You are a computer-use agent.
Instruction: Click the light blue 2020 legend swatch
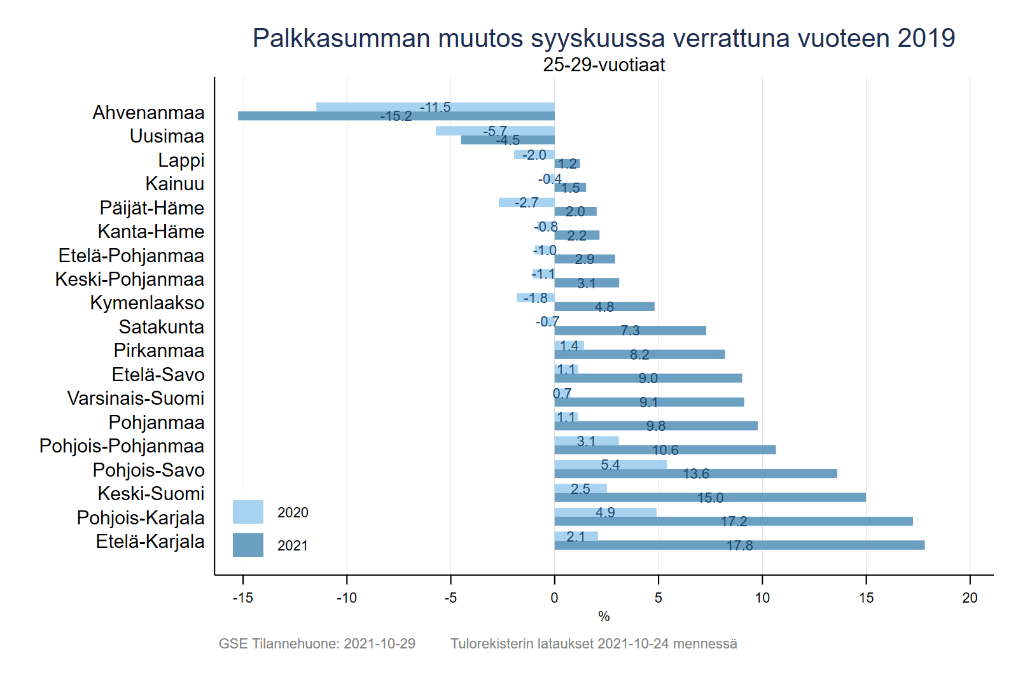(248, 512)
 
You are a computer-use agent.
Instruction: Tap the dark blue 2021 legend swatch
(248, 545)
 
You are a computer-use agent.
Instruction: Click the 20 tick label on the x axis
(970, 598)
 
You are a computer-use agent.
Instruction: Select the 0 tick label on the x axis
(554, 598)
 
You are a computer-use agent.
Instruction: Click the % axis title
(604, 616)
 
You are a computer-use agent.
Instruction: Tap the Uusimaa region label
(167, 136)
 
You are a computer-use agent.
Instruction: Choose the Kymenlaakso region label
(147, 303)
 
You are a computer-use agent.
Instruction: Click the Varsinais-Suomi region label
(136, 398)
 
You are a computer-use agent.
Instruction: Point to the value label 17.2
(734, 522)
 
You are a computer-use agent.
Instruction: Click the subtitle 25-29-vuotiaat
(604, 65)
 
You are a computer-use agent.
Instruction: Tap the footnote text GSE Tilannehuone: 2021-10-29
(317, 643)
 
